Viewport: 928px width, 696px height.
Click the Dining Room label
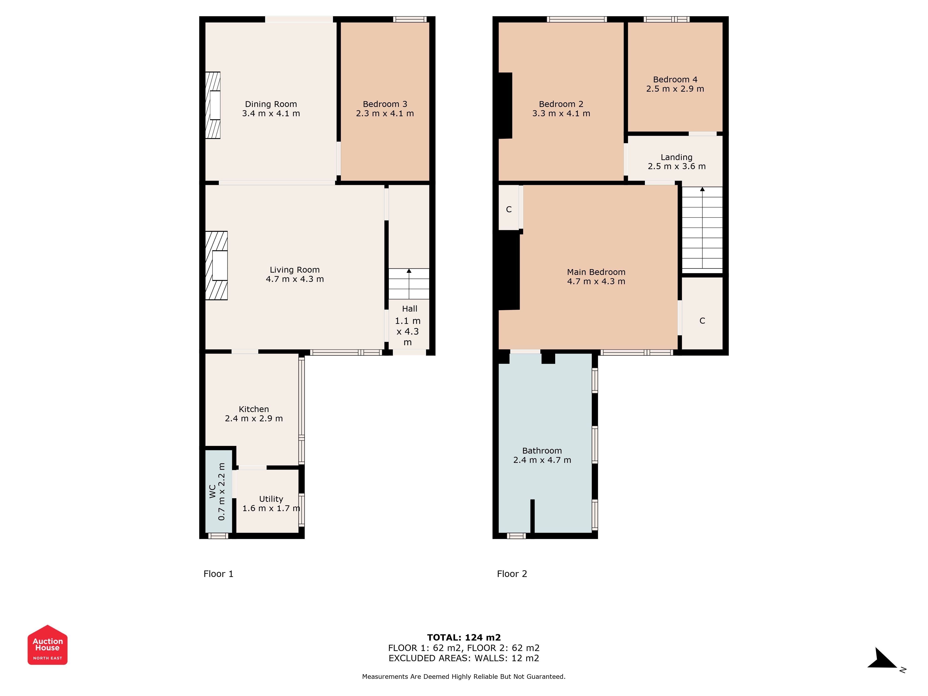(271, 104)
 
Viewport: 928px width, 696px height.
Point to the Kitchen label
(254, 409)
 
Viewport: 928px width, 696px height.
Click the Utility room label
(271, 499)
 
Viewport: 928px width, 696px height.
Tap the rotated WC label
(213, 491)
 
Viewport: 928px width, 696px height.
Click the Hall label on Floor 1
(409, 309)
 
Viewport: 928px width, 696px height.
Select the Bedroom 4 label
(675, 79)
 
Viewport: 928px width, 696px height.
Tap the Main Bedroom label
(596, 272)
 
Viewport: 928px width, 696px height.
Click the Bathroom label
(542, 451)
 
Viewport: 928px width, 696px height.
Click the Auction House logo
(47, 645)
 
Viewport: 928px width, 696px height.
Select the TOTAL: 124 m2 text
(464, 638)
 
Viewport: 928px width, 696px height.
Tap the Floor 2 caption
(512, 574)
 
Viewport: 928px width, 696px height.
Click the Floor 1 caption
(218, 574)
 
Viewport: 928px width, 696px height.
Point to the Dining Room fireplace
(213, 105)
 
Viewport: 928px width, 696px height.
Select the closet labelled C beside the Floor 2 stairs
(702, 313)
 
